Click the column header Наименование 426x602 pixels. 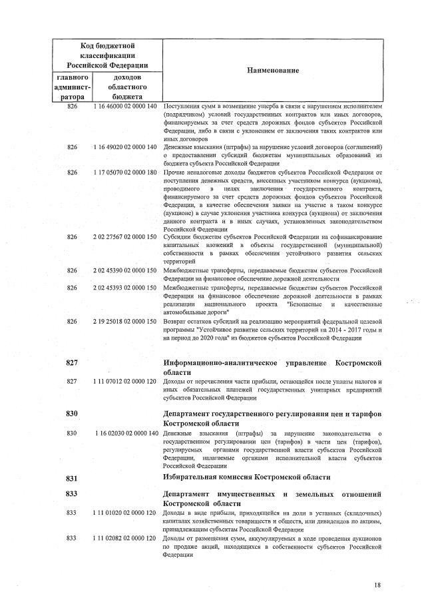point(274,71)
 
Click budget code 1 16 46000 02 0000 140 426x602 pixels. point(125,107)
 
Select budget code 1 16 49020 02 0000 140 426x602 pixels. point(125,147)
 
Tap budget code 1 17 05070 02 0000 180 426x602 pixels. point(125,172)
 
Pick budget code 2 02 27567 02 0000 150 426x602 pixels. point(125,238)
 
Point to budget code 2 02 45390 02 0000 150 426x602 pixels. point(125,270)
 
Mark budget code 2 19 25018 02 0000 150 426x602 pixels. point(125,322)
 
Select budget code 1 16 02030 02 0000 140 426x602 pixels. point(125,434)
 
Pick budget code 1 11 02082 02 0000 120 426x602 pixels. point(125,538)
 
